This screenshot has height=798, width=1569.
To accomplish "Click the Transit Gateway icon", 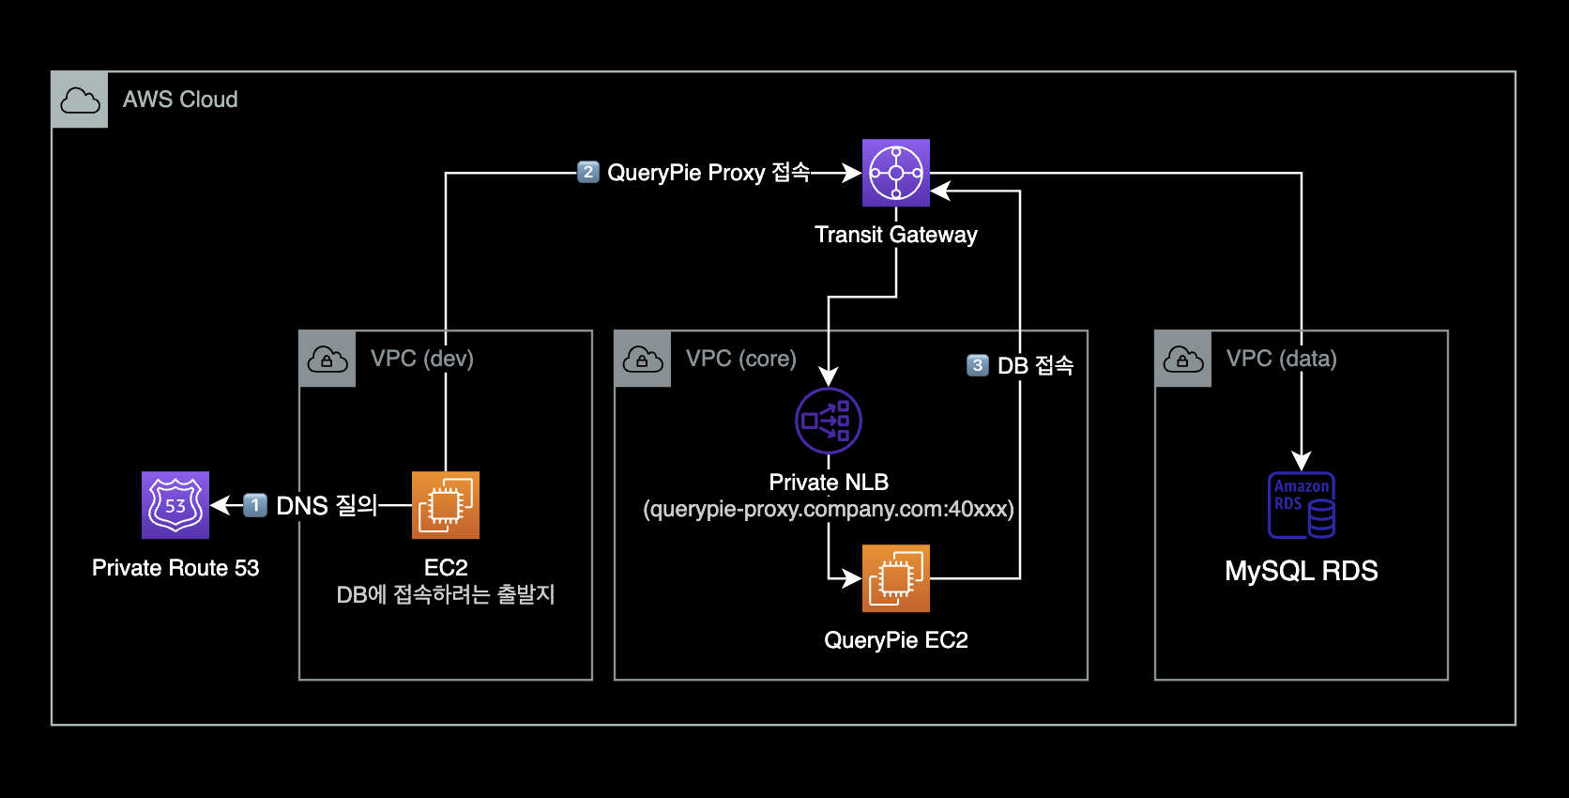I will click(896, 173).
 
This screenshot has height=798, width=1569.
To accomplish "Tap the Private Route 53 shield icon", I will click(175, 505).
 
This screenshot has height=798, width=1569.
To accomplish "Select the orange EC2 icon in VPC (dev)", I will click(446, 505).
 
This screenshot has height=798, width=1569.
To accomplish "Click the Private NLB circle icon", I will click(829, 421).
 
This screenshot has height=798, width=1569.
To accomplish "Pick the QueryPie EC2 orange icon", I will click(896, 578).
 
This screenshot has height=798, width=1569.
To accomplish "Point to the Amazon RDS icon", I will click(1302, 505).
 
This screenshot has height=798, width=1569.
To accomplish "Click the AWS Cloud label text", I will click(180, 100).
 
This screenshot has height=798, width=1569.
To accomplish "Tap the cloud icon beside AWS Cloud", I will click(80, 100).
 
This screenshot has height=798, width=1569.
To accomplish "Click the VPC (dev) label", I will click(422, 359).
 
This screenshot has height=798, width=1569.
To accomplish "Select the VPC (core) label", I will click(741, 359).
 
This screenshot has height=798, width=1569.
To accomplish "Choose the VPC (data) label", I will click(1282, 359).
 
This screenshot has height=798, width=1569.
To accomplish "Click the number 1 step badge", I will click(255, 505).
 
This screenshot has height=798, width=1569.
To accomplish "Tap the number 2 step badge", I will click(588, 172).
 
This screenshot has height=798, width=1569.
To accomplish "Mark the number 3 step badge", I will click(978, 365).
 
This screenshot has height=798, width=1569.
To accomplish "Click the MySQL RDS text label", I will click(1302, 571).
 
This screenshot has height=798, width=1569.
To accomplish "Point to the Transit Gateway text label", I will click(896, 235).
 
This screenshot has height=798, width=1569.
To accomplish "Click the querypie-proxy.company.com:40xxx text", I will click(829, 509).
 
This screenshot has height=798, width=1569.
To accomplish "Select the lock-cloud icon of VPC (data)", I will click(1183, 359).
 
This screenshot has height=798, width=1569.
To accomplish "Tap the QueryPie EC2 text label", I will click(896, 640).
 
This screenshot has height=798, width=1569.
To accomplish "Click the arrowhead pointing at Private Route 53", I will click(221, 505).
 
